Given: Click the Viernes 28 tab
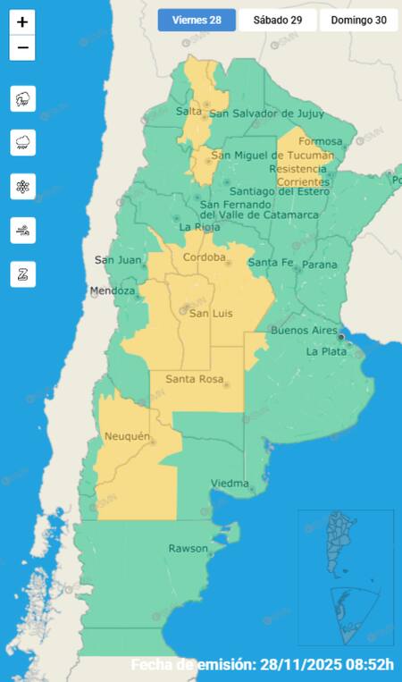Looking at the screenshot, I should tap(197, 20).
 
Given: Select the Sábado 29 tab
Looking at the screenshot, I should tap(277, 20).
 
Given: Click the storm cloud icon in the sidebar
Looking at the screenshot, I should tap(22, 98).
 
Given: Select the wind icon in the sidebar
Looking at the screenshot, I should tap(22, 231).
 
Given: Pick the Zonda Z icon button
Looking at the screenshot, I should tap(22, 274).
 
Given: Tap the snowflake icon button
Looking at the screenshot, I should tap(22, 187).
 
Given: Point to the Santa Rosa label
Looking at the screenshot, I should tap(193, 379).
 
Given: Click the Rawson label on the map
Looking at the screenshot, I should tap(188, 548).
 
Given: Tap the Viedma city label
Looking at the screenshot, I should tap(229, 484).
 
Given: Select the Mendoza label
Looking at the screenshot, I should tap(112, 291).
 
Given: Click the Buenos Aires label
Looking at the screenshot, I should tap(304, 331).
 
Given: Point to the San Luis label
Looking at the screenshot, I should tap(209, 312).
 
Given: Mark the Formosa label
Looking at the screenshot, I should tap(320, 141).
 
